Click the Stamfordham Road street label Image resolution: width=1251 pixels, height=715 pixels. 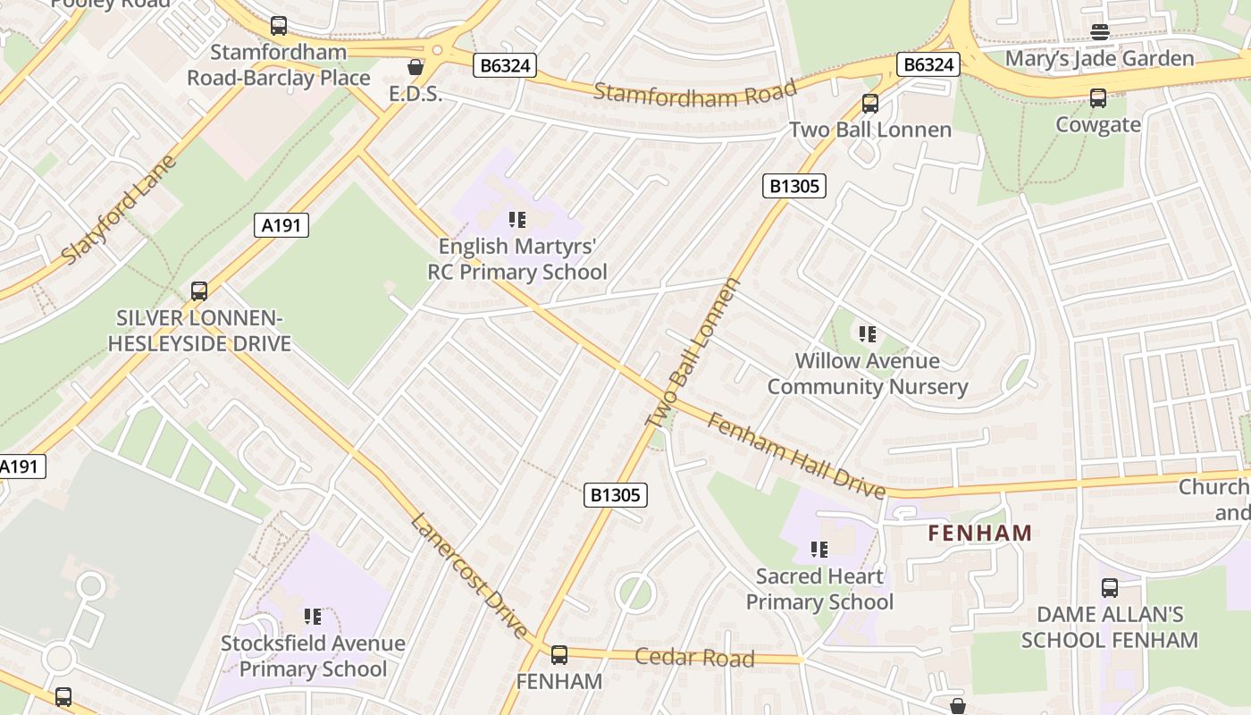(x=694, y=93)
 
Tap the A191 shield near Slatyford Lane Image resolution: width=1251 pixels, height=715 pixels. (x=283, y=225)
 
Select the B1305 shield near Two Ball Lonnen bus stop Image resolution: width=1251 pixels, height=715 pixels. (x=793, y=186)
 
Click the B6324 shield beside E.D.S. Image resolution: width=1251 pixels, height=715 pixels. (x=504, y=65)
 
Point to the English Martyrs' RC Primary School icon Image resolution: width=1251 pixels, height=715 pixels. (x=516, y=219)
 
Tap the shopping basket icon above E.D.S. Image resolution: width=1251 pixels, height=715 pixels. (x=415, y=67)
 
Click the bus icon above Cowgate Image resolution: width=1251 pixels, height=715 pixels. (x=1097, y=98)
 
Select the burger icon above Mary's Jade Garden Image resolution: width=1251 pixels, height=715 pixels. (x=1099, y=32)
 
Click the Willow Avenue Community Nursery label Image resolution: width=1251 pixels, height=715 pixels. (x=867, y=374)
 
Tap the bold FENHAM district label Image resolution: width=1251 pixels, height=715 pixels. (x=979, y=534)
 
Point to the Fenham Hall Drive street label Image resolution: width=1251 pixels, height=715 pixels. (x=796, y=455)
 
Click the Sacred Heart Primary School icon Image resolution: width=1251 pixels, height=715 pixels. (x=819, y=550)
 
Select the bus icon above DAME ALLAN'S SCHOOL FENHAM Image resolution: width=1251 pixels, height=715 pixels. (x=1109, y=588)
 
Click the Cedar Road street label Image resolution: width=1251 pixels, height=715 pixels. (x=694, y=658)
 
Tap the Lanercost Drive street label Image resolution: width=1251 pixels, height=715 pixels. (x=469, y=576)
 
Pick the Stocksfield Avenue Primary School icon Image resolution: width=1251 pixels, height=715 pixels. (x=312, y=617)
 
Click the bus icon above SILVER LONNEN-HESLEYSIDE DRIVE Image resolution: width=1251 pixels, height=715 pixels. (x=199, y=291)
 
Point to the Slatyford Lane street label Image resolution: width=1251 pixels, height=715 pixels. (x=119, y=211)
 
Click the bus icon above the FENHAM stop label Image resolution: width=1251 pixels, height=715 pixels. (x=559, y=655)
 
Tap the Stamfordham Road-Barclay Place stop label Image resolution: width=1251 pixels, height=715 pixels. (x=278, y=65)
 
